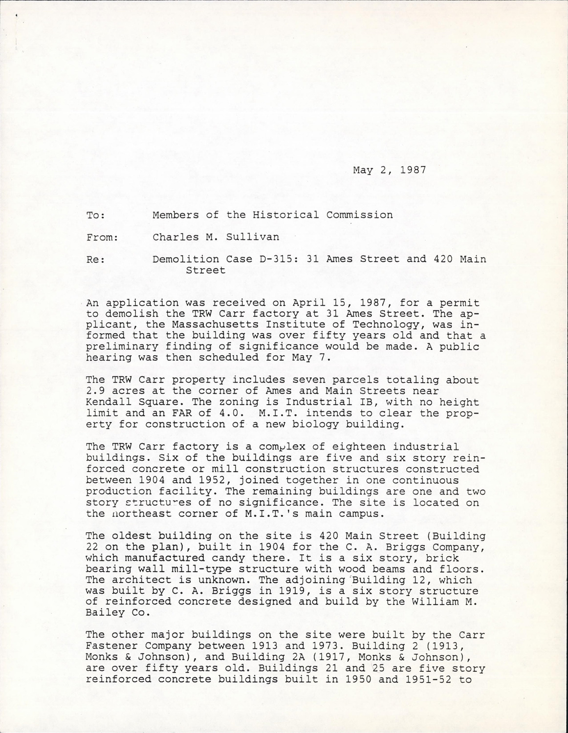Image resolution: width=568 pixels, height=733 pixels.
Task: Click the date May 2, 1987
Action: pos(389,170)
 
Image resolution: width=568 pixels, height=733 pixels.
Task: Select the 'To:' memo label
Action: pos(96,215)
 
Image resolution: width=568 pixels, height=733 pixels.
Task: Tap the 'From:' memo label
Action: pos(102,237)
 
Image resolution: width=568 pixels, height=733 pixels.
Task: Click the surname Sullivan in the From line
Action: pos(254,237)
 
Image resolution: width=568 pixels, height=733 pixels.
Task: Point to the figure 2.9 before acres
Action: pos(94,391)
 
